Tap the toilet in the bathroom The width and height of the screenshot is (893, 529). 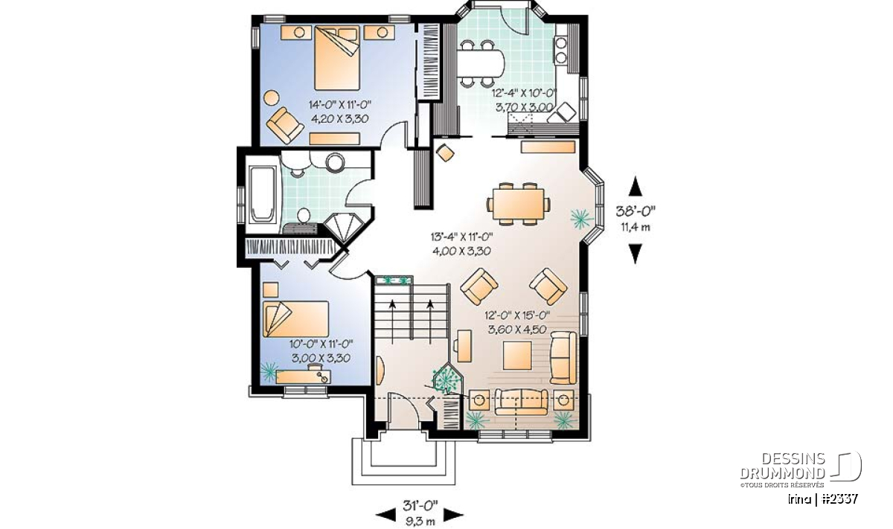pos(304,215)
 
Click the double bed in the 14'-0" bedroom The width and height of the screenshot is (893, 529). pos(337,58)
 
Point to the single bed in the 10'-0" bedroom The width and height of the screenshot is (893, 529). pos(295,319)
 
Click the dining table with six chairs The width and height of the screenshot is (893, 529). pos(518,204)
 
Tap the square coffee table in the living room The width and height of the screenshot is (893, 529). pos(517,356)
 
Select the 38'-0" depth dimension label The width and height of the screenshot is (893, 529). pos(635,210)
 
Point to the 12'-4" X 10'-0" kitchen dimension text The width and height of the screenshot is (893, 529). pos(523,93)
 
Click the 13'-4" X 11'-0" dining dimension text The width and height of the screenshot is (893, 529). pos(461,237)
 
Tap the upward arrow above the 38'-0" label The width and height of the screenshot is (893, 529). pos(636,186)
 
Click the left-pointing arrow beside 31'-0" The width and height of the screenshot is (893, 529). pos(385,515)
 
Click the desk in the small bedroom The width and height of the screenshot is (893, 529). pos(304,376)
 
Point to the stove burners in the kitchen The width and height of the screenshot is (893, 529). pos(561,50)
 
